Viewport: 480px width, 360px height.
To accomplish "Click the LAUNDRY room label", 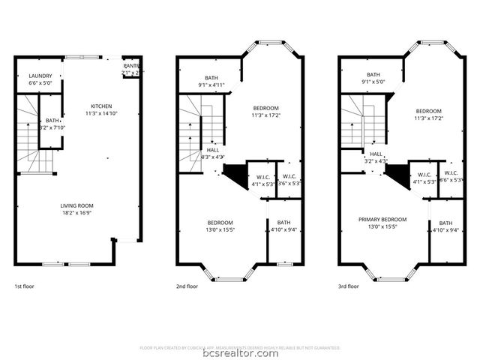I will click(40, 76).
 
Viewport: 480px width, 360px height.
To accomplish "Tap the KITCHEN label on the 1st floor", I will click(101, 106).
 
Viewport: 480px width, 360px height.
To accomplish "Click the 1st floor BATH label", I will click(52, 120).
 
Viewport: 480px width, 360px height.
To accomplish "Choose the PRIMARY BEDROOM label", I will click(382, 220).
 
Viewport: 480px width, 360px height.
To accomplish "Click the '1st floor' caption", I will click(24, 286).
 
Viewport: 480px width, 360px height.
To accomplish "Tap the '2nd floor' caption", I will click(187, 286).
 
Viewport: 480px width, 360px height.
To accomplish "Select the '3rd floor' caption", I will click(349, 286).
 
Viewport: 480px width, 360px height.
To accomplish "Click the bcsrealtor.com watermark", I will click(240, 355).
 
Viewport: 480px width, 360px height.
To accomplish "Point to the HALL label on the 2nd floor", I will click(214, 150).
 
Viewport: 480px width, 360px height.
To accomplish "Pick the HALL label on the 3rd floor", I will click(376, 153).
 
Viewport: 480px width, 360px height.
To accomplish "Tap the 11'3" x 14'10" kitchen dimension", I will click(101, 113).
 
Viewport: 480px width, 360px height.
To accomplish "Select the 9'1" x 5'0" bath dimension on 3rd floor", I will click(373, 82).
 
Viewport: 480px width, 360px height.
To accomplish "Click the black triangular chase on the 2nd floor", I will click(235, 177).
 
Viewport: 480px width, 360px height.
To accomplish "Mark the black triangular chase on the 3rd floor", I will click(397, 177).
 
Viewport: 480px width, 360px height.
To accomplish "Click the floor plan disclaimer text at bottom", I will click(240, 347).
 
